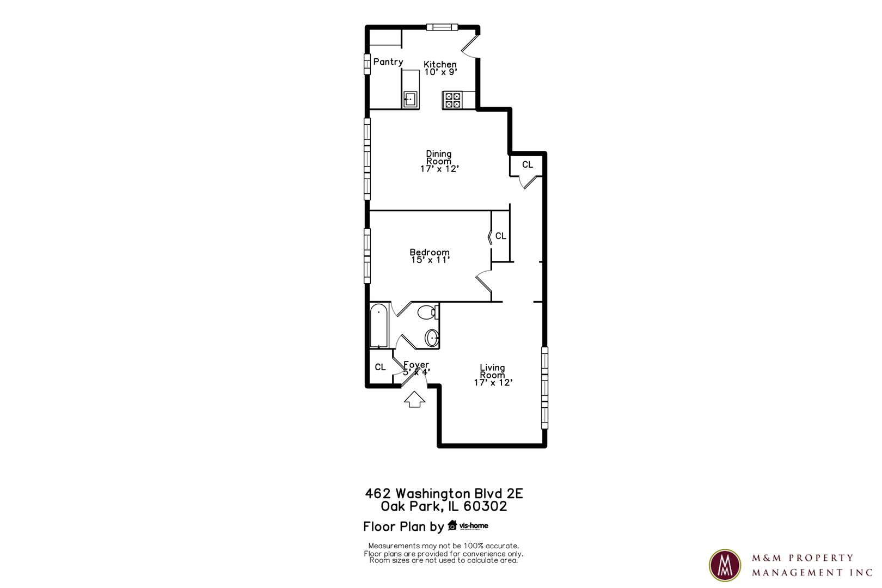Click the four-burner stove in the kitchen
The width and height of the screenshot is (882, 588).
pyautogui.click(x=452, y=100)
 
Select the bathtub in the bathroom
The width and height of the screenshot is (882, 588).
pyautogui.click(x=379, y=326)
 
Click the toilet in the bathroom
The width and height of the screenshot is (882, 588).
pyautogui.click(x=427, y=313)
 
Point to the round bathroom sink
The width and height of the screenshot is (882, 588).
pyautogui.click(x=432, y=338)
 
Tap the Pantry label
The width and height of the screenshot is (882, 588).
pyautogui.click(x=388, y=62)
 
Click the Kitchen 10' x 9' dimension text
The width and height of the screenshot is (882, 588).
pyautogui.click(x=440, y=72)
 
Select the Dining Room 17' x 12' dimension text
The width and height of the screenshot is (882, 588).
pyautogui.click(x=439, y=169)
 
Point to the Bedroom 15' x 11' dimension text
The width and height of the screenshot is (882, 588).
pyautogui.click(x=430, y=260)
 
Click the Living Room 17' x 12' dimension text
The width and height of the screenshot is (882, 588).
pyautogui.click(x=493, y=382)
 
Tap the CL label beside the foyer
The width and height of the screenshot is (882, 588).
pyautogui.click(x=380, y=367)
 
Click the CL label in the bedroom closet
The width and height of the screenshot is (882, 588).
pyautogui.click(x=500, y=236)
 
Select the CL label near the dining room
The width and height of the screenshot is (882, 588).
pyautogui.click(x=527, y=164)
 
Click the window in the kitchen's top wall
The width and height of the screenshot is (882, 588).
pyautogui.click(x=442, y=27)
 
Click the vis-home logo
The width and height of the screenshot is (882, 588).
pyautogui.click(x=468, y=525)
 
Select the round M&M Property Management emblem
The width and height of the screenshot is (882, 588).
pyautogui.click(x=725, y=565)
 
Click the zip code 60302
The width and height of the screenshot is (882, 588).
pyautogui.click(x=485, y=506)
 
